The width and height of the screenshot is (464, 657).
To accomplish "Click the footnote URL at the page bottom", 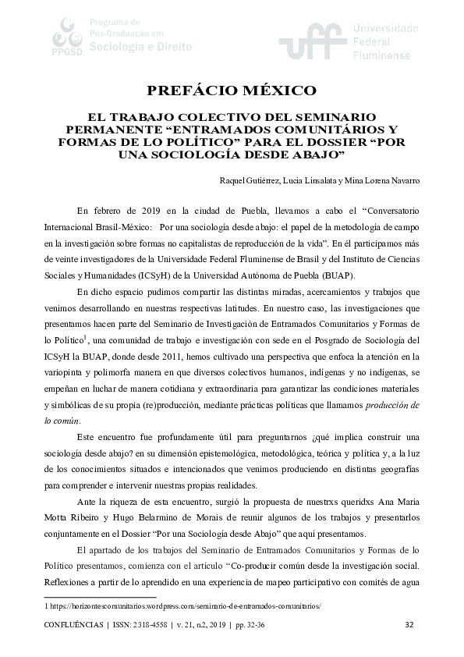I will pos(183,606).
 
